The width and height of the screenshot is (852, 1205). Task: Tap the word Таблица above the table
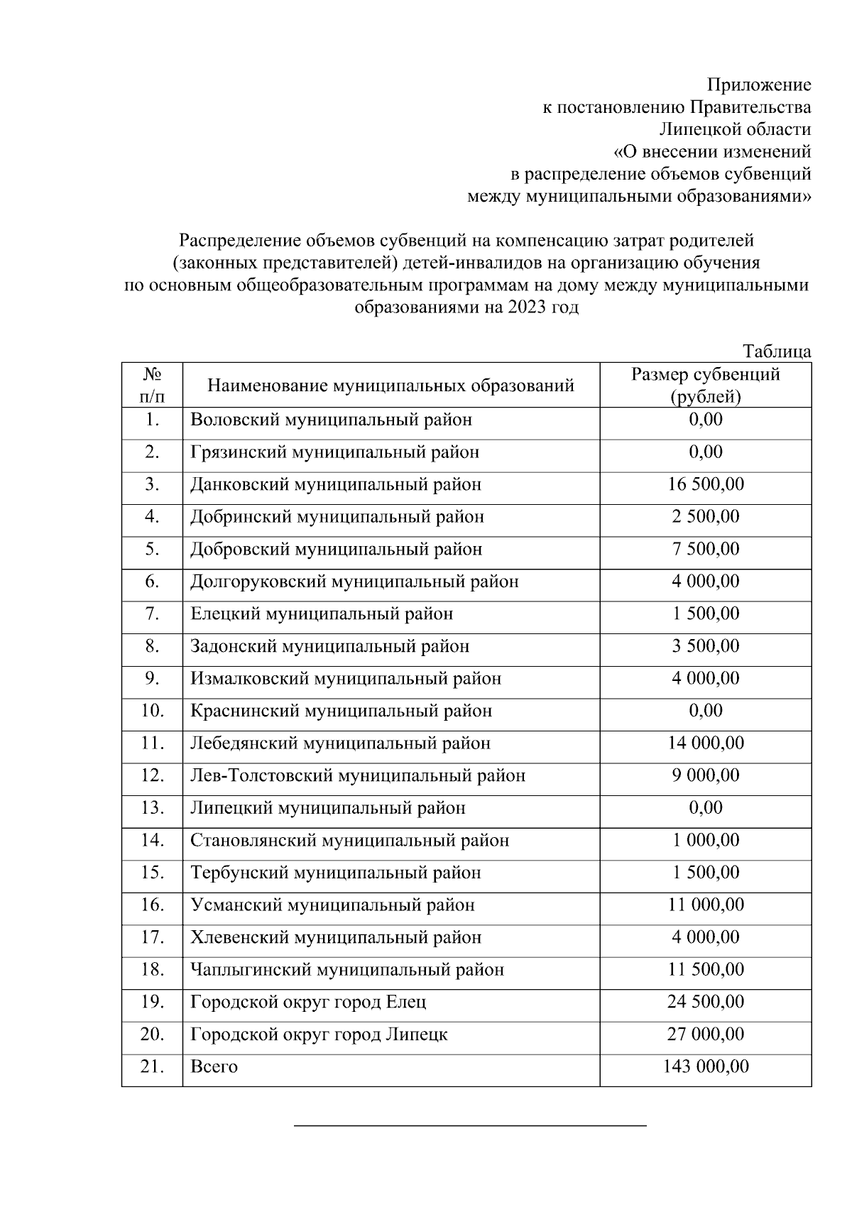click(x=777, y=351)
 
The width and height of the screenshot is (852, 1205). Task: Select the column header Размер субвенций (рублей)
click(x=705, y=385)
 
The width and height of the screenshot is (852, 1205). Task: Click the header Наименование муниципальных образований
click(x=390, y=386)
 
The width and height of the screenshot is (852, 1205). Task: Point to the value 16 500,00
click(x=705, y=484)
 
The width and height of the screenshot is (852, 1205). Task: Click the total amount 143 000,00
click(x=705, y=1067)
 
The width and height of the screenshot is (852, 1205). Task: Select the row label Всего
click(x=214, y=1067)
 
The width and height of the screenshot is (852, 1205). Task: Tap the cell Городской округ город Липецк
click(x=319, y=1035)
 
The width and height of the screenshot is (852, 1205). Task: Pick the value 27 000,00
click(x=705, y=1034)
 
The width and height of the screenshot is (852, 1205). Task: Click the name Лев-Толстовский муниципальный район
click(x=358, y=775)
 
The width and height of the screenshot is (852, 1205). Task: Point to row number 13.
click(x=152, y=808)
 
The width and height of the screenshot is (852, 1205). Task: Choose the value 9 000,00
click(x=705, y=775)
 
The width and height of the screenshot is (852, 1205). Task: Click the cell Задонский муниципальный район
click(x=329, y=646)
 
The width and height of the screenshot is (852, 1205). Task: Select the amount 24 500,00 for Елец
click(x=705, y=1002)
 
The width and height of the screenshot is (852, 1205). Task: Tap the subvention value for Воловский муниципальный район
click(x=705, y=420)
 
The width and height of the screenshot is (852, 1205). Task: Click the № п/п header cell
click(x=152, y=385)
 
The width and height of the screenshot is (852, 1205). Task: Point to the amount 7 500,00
click(x=705, y=549)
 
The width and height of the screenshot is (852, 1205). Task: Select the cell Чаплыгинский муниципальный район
click(x=347, y=970)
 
